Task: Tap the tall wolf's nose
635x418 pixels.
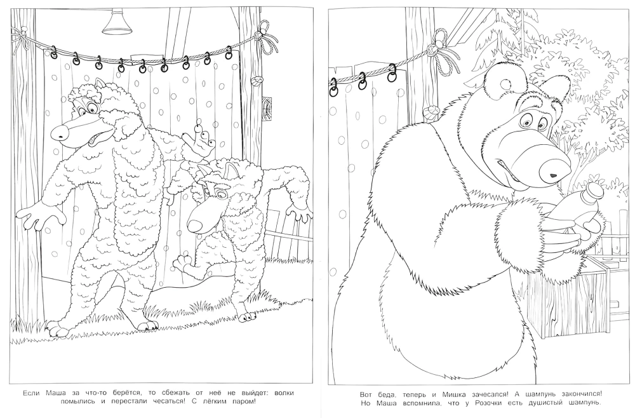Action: [60, 131]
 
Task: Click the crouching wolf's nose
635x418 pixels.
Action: [196, 224]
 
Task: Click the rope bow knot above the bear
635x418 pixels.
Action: [442, 53]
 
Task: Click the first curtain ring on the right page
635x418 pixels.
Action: [334, 86]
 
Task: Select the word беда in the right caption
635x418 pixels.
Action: [384, 394]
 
